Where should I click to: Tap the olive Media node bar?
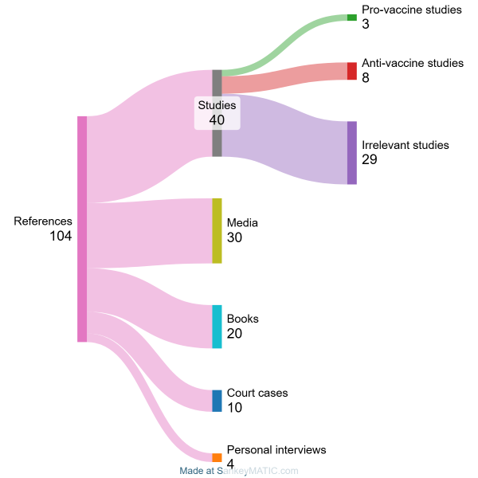pos(217,231)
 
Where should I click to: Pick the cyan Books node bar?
pos(217,327)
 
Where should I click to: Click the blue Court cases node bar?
pos(217,401)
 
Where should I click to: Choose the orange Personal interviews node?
pos(217,457)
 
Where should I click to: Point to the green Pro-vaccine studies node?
pos(352,18)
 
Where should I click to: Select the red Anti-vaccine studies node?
pos(352,71)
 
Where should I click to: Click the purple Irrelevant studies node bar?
pos(352,153)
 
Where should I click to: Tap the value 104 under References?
pos(61,237)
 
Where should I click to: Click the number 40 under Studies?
pos(217,119)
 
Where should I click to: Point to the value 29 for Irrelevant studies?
pos(370,160)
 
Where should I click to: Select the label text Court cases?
pos(257,393)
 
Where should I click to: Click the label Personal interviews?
pos(276,450)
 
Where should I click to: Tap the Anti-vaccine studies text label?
pos(412,62)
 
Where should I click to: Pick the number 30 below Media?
pos(234,237)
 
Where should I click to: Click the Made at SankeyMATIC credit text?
pos(239,471)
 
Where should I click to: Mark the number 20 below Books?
pos(234,334)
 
